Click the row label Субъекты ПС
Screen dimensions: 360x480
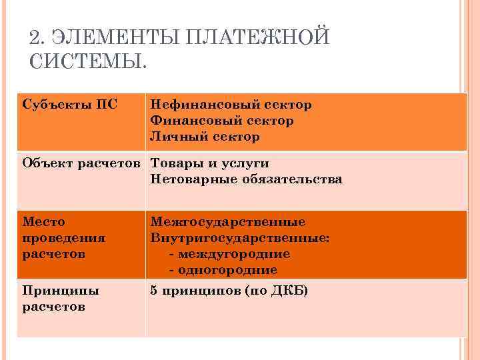(x=65, y=105)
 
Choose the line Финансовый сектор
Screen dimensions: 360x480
(x=222, y=121)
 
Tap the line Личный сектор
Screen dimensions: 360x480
(x=205, y=137)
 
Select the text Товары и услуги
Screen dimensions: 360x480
(x=210, y=163)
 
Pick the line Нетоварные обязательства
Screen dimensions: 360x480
(x=247, y=179)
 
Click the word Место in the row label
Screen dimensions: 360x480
(x=43, y=222)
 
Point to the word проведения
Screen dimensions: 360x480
(x=64, y=238)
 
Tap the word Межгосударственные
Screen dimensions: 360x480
(x=228, y=222)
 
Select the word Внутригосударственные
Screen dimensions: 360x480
(x=240, y=238)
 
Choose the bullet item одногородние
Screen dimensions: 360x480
(x=227, y=270)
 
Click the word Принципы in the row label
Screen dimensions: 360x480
(x=61, y=291)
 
